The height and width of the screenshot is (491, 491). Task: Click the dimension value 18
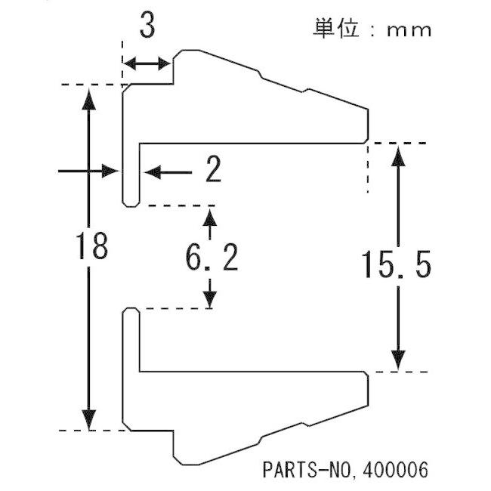coord(92,246)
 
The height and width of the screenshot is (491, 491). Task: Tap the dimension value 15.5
coord(397,265)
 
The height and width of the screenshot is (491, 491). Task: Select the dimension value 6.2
coord(212,258)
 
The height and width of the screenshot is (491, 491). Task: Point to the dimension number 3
coord(147,24)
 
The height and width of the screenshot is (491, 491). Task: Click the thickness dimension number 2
coord(214,169)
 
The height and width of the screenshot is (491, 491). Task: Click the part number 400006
coord(394,470)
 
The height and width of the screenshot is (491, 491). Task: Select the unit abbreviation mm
coord(409,31)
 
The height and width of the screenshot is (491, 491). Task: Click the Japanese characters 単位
coord(336,28)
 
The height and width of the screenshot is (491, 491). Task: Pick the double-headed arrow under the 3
coord(147,64)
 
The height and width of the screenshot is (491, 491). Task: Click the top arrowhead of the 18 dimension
coord(88,99)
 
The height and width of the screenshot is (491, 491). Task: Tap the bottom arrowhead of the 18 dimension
coord(88,419)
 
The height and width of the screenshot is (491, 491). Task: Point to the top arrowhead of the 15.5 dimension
coord(398,156)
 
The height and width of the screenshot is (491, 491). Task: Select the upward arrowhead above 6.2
coord(210,217)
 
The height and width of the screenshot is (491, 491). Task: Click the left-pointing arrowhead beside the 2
coord(153,172)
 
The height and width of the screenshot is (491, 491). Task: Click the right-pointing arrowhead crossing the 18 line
coord(110,171)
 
